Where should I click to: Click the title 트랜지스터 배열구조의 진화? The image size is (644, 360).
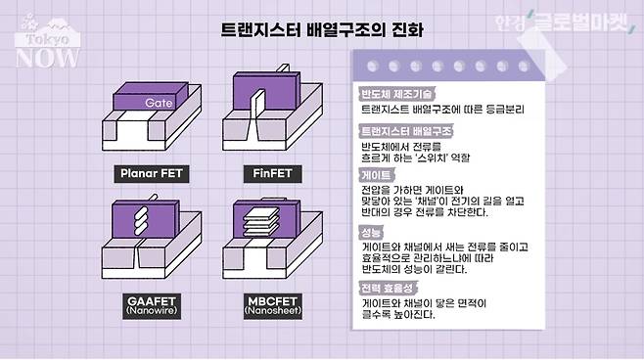point(322,30)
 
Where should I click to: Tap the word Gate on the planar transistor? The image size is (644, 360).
point(159,103)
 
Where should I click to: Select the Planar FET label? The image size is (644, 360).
point(151,173)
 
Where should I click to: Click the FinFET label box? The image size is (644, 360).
point(272,173)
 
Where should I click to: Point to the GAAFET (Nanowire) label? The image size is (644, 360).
point(152,306)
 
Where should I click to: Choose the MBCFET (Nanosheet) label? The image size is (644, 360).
point(273,306)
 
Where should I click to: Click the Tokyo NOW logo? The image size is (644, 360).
point(47,42)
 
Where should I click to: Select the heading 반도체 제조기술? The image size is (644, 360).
point(396,94)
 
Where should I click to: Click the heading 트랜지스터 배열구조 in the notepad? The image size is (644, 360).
point(406,131)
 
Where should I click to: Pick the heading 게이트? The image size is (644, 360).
point(376,175)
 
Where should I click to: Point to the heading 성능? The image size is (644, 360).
point(371,233)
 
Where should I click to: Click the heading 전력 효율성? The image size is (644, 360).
point(388,289)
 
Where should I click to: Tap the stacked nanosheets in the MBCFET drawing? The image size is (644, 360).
point(261,222)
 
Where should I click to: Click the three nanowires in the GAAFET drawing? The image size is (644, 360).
point(141,220)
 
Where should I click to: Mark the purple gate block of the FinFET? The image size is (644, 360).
point(266,91)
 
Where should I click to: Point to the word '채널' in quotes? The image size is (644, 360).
point(430,202)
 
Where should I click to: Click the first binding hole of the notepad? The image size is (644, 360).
point(373,66)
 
